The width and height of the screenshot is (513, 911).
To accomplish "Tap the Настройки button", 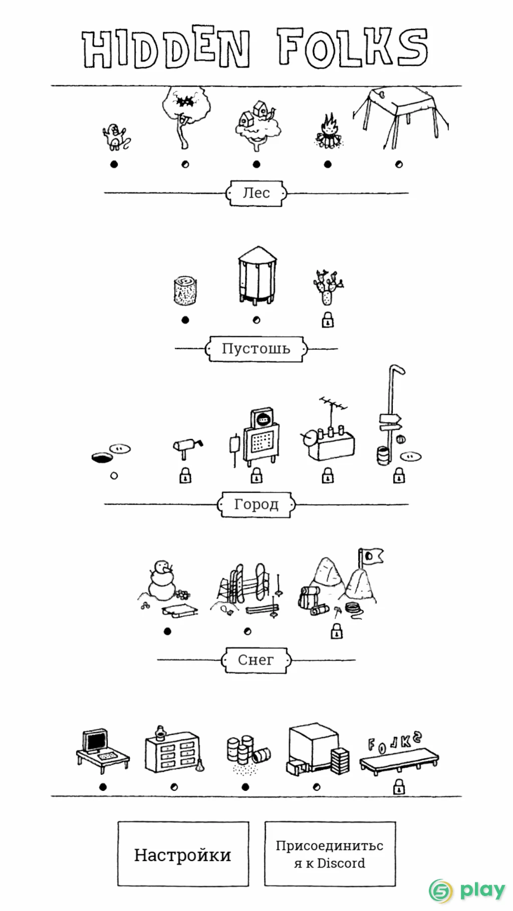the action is (x=183, y=854).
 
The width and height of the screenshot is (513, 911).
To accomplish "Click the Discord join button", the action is (x=330, y=854).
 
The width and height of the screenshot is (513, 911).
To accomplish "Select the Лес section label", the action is (x=256, y=193).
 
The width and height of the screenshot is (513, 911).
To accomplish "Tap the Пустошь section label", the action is (x=256, y=349).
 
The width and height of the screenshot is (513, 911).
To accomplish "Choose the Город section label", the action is (x=256, y=505).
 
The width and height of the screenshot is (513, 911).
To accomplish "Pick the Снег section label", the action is (x=256, y=660).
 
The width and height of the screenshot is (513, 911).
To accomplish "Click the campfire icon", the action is (x=328, y=131).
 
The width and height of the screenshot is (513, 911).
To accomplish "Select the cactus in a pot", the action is (x=328, y=287).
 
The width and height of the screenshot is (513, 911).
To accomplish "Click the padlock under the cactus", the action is (x=328, y=320).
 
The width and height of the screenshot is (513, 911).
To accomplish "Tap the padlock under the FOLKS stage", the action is (x=399, y=787).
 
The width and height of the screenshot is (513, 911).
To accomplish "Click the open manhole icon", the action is (x=103, y=457).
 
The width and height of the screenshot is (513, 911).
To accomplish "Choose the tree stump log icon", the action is (x=185, y=290).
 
